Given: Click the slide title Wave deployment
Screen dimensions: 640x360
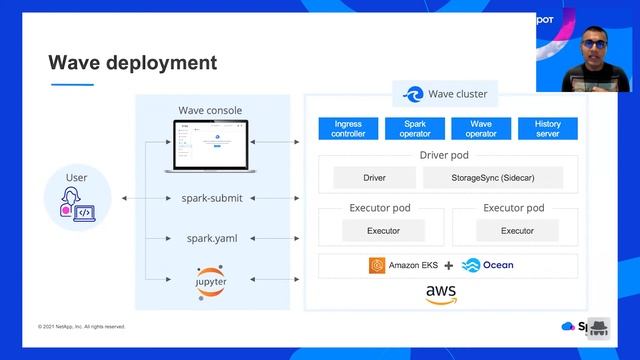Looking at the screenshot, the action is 132,63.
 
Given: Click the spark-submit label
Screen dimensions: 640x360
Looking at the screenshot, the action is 212,198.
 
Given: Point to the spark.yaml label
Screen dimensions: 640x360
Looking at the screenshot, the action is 212,239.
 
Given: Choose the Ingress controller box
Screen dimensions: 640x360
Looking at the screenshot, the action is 348,129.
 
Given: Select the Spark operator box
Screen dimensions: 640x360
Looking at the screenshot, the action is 415,129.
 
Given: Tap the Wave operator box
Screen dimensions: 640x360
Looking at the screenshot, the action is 481,129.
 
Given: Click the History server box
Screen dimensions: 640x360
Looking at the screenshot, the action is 547,129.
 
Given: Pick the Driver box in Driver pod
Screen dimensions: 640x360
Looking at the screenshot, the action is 375,178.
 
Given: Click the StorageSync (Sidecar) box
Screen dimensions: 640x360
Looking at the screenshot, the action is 492,178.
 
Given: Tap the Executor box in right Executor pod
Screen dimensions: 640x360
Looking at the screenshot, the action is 517,230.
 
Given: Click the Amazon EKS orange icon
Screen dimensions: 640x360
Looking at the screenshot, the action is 377,266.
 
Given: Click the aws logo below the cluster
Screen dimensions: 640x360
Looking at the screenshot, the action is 441,294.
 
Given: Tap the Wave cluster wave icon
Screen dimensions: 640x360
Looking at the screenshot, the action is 413,95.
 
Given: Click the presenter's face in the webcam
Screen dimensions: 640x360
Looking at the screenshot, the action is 591,43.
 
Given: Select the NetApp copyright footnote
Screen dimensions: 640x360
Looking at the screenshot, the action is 82,326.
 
